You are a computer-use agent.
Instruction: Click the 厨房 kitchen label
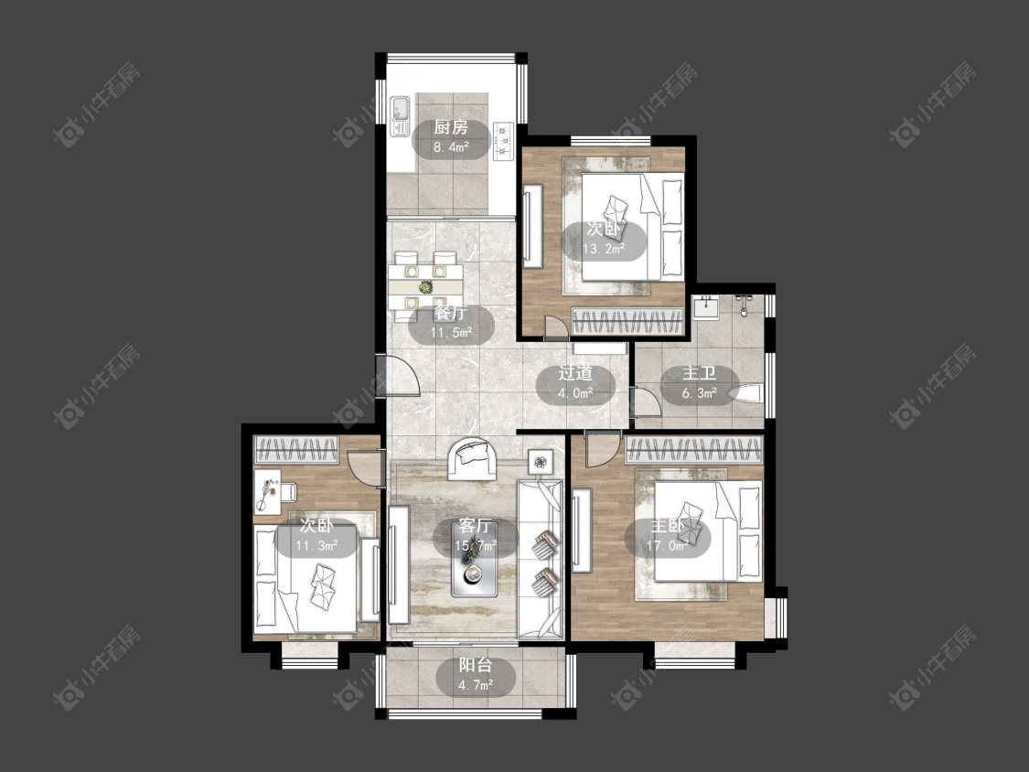pyautogui.click(x=451, y=127)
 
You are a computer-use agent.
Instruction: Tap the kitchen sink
pyautogui.click(x=400, y=116)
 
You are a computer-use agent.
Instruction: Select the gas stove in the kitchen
pyautogui.click(x=503, y=141)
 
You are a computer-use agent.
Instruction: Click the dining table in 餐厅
pyautogui.click(x=425, y=286)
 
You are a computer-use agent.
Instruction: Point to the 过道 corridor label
pyautogui.click(x=575, y=373)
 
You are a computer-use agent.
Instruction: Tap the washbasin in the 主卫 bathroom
pyautogui.click(x=706, y=306)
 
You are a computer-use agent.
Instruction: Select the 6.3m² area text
pyautogui.click(x=700, y=394)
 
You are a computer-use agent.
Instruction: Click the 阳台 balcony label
pyautogui.click(x=475, y=666)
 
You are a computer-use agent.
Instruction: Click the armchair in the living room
pyautogui.click(x=472, y=458)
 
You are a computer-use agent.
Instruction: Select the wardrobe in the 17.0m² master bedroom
pyautogui.click(x=694, y=450)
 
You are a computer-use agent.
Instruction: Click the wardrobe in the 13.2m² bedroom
pyautogui.click(x=627, y=322)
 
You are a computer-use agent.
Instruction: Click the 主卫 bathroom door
pyautogui.click(x=646, y=402)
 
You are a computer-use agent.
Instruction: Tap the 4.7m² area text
pyautogui.click(x=476, y=686)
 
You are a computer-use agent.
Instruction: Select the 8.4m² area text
pyautogui.click(x=451, y=147)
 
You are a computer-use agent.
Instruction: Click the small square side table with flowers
pyautogui.click(x=541, y=462)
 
